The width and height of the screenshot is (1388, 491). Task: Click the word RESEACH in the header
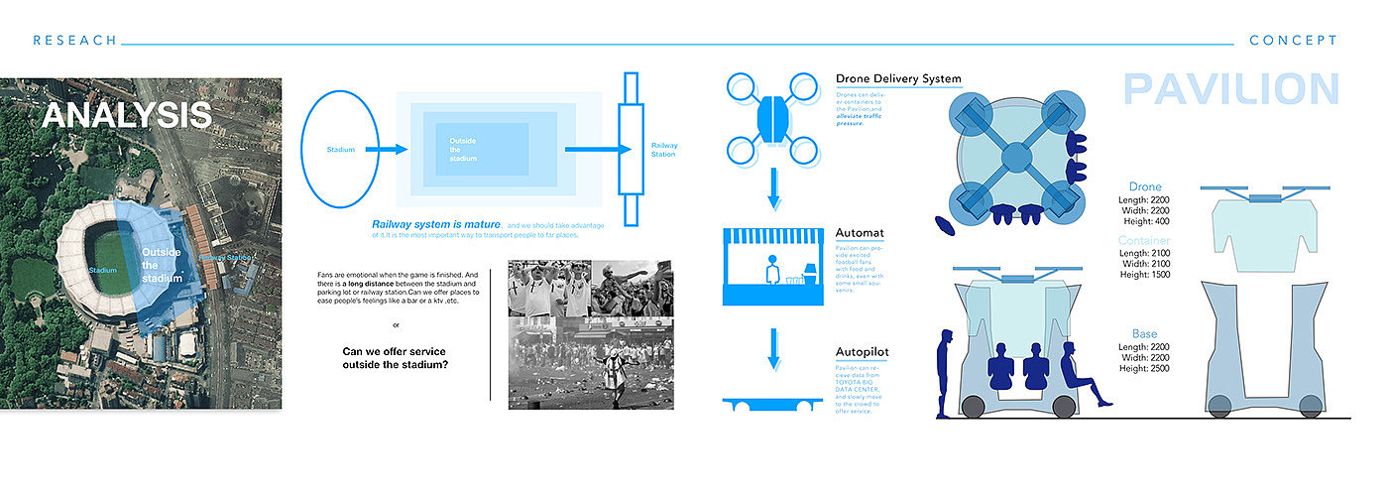point(74,41)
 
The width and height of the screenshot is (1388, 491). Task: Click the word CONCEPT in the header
point(1293,41)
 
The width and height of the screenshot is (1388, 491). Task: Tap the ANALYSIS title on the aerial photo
point(127,115)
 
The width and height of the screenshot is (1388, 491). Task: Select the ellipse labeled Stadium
point(339,150)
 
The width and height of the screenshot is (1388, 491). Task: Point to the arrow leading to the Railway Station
point(597,150)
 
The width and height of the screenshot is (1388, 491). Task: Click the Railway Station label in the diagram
point(663,150)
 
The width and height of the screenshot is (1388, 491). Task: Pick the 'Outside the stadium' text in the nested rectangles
point(463,150)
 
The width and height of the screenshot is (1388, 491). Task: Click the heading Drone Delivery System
point(898,79)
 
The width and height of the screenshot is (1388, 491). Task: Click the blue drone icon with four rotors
point(775,117)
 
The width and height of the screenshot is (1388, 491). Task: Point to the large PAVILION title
point(1230,89)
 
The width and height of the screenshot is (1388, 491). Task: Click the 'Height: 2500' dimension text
point(1144,368)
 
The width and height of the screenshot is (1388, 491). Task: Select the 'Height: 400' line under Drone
point(1145,223)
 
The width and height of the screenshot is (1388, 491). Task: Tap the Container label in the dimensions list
point(1144,241)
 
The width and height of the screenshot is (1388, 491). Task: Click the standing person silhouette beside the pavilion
point(946,367)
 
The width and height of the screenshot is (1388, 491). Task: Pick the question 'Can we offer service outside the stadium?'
point(394,357)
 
